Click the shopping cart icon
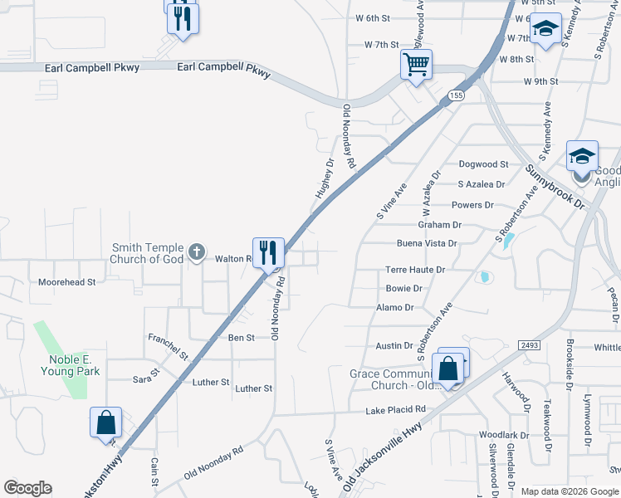coord(416,64)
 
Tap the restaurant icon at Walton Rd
coord(268,251)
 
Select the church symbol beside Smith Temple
coord(196,251)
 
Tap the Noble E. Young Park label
coord(74,365)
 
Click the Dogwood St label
coord(483,164)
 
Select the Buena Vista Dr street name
coord(427,243)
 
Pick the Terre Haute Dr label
coord(415,270)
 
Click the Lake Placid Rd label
coord(395,410)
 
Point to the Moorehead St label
coord(67,282)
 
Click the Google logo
coord(28,488)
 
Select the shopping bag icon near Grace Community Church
coord(448,369)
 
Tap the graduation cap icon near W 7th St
coord(545,31)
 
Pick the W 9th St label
coord(541,81)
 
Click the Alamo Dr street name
coord(394,307)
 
